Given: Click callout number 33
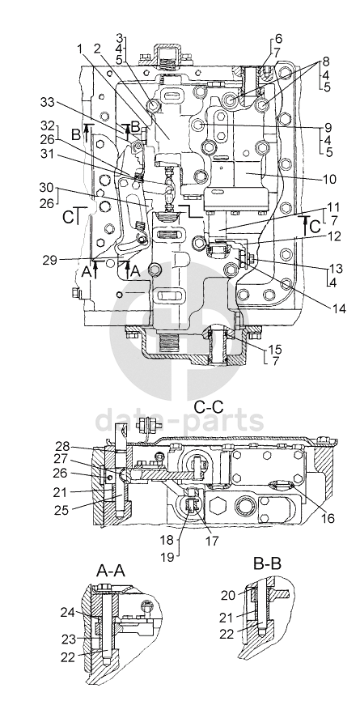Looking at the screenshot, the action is tap(49, 103).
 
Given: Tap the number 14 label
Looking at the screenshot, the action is tap(338, 308).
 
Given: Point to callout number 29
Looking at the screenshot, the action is tap(49, 260).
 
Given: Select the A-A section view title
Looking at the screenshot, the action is tap(111, 571).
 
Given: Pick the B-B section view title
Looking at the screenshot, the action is tap(268, 563).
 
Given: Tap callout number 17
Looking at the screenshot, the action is tap(212, 541).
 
